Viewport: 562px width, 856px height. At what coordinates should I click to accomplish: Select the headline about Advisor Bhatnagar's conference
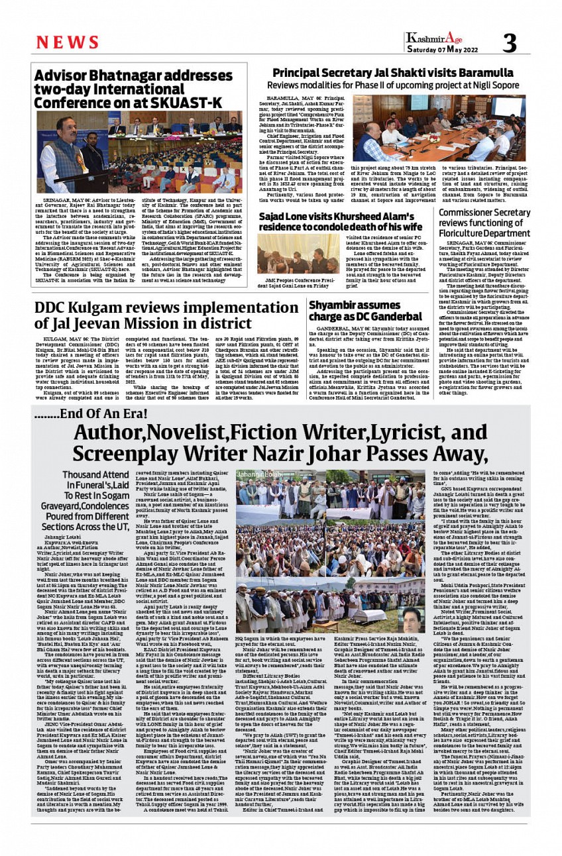129,89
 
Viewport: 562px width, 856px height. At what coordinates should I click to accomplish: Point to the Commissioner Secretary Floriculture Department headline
484,222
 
